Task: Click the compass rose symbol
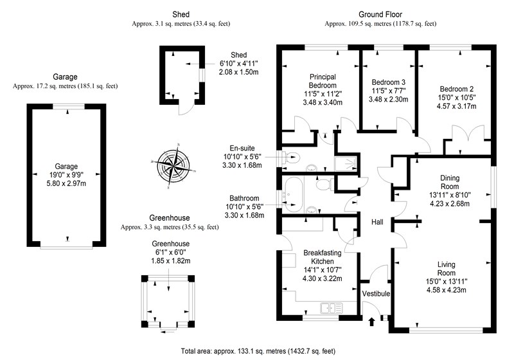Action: [173, 166]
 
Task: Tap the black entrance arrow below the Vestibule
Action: [372, 322]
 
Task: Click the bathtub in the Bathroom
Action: [290, 195]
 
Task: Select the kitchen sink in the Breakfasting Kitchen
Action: [331, 308]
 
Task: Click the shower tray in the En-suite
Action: [346, 164]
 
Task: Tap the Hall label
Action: [377, 223]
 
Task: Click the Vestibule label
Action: [376, 293]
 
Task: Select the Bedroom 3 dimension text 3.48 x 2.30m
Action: [389, 99]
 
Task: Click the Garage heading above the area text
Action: [66, 77]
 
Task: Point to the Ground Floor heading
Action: [380, 14]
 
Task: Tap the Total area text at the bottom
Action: [258, 351]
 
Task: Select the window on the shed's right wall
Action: [202, 74]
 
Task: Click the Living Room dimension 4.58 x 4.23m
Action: [447, 290]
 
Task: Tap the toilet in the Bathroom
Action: [324, 184]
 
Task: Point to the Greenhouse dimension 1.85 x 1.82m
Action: [170, 261]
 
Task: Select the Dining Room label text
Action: [450, 182]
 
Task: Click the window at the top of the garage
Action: [69, 106]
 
